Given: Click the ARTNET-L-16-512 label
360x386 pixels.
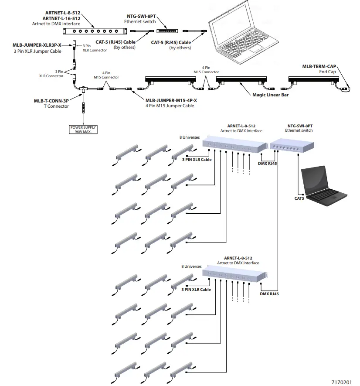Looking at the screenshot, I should [63, 18].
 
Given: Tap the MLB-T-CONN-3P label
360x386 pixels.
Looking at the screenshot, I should [51, 101].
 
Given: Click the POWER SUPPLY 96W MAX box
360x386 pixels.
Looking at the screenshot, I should [83, 129].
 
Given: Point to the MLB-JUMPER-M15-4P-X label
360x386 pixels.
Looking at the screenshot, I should [171, 100].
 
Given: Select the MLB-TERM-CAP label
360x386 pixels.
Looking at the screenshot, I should [319, 66].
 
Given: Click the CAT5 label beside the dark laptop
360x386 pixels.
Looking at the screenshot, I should [299, 198].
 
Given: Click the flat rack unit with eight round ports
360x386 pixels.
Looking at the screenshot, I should [95, 31].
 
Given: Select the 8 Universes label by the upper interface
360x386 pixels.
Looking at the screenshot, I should [189, 137].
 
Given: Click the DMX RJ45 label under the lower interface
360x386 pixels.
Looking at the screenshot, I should [269, 294].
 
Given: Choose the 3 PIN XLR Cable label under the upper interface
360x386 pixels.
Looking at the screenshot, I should [197, 160].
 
